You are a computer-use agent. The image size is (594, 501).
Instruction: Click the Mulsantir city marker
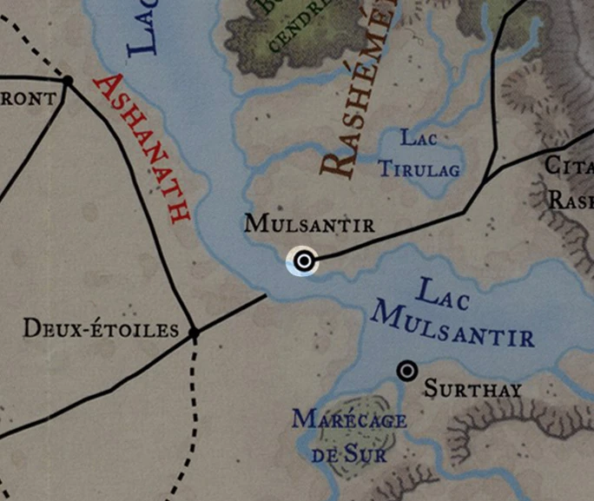tap(303, 260)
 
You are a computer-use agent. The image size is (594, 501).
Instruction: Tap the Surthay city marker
tap(406, 371)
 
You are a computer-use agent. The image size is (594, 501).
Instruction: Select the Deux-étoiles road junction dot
tap(194, 333)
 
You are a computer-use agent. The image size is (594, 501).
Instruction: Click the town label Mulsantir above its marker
tap(309, 224)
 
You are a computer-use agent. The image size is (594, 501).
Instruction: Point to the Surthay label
tap(473, 389)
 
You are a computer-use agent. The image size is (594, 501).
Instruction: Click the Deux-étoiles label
tap(100, 330)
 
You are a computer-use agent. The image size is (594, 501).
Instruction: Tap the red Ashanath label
tap(142, 148)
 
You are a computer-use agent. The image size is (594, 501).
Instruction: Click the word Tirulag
tap(419, 168)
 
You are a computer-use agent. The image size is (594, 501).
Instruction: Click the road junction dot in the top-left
tap(67, 81)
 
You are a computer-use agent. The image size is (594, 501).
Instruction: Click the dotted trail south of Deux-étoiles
tap(193, 408)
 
